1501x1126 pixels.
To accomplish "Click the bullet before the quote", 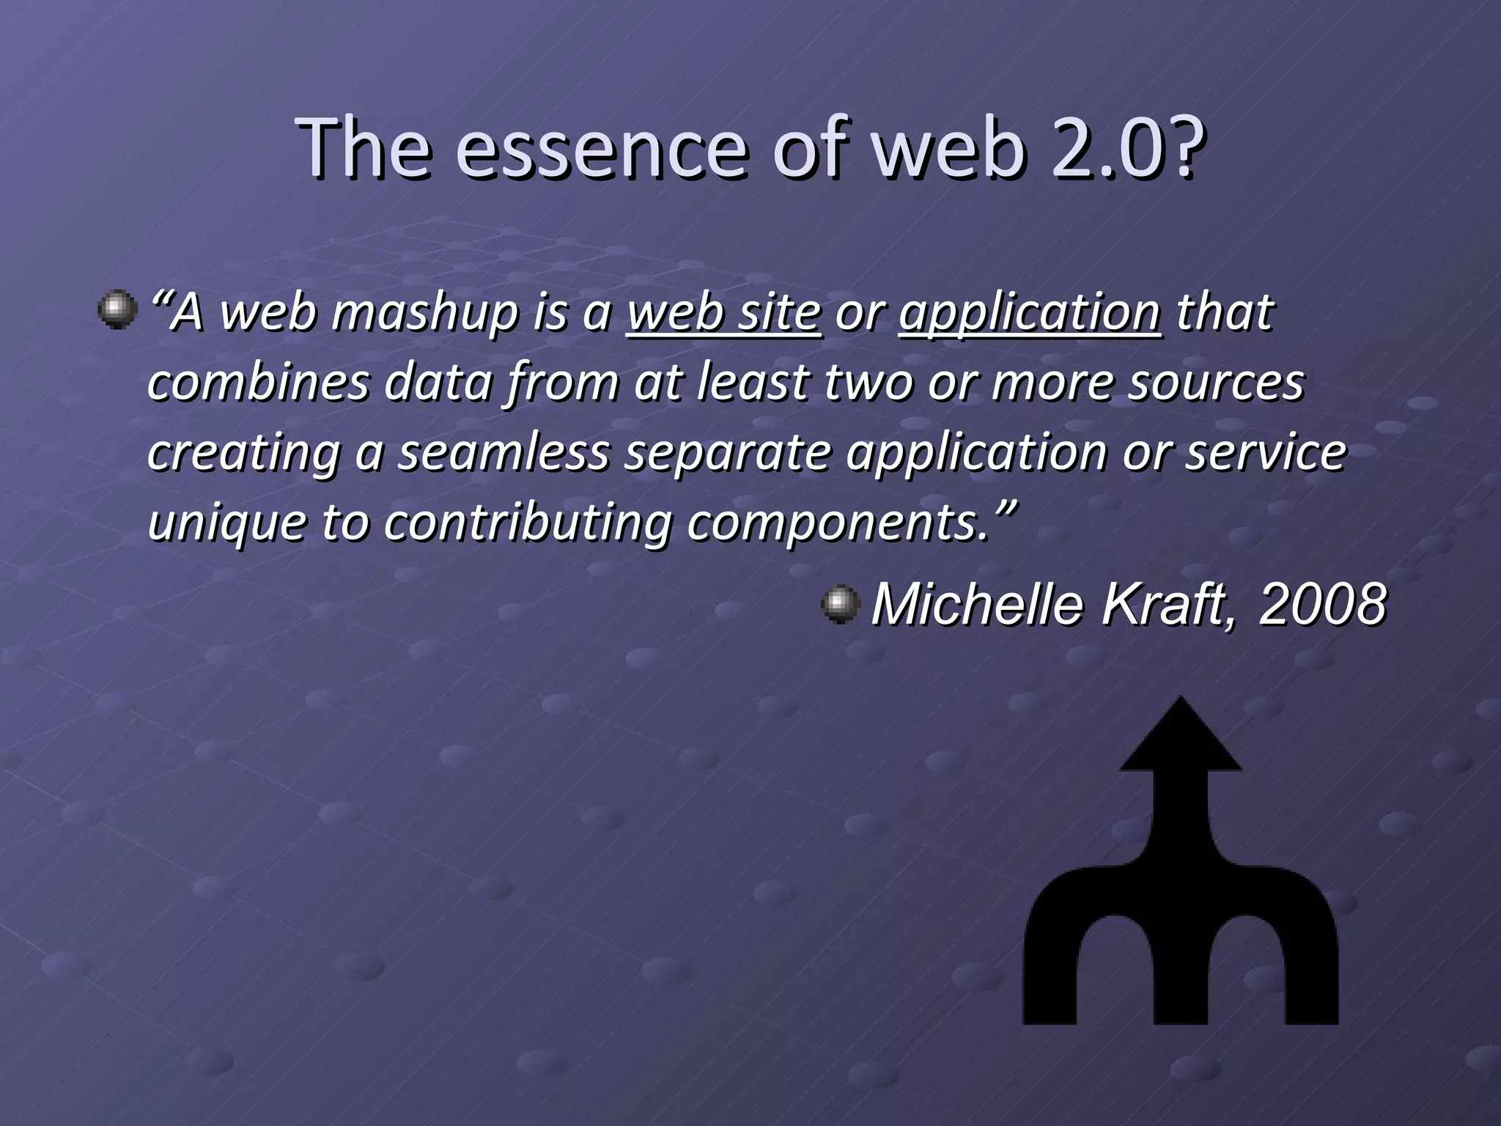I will (117, 310).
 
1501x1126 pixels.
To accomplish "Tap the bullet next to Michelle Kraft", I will (840, 605).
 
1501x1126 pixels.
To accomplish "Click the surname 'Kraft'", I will (1165, 605).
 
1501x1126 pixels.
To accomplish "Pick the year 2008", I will (1322, 605).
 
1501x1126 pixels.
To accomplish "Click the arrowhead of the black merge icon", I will (1181, 737).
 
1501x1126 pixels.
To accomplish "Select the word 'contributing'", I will (528, 522).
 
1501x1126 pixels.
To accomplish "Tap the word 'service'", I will (1266, 452).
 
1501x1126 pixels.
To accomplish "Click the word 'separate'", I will (728, 452).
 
